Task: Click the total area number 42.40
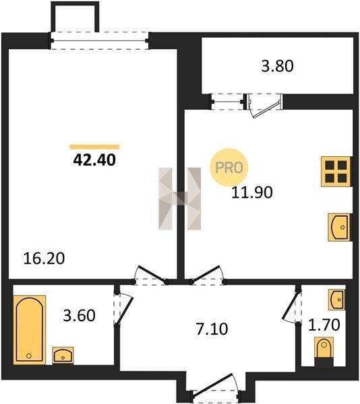[x=94, y=160]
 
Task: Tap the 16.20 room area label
[x=44, y=259]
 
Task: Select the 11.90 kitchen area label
[x=251, y=193]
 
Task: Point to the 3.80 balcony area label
[x=277, y=66]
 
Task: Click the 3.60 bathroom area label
[x=79, y=315]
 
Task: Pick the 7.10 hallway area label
[x=212, y=329]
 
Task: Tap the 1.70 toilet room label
[x=324, y=325]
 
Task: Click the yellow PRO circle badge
[x=229, y=168]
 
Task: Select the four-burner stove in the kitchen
[x=336, y=171]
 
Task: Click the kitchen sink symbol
[x=339, y=228]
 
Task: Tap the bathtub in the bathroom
[x=30, y=330]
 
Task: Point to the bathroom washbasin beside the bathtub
[x=63, y=356]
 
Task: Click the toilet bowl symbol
[x=324, y=348]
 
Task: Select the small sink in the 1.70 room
[x=336, y=300]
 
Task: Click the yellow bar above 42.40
[x=94, y=147]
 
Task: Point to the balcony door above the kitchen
[x=265, y=106]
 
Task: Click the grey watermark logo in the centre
[x=180, y=199]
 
